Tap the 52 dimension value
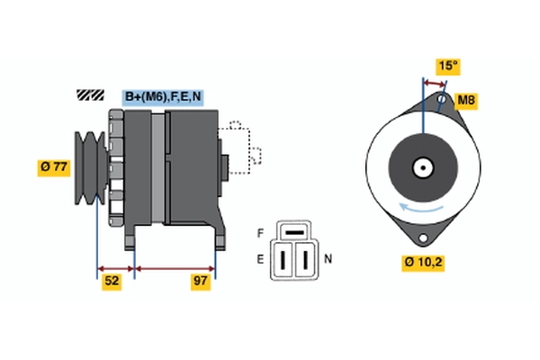[x=110, y=282]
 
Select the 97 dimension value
[x=200, y=282]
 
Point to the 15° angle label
[x=448, y=66]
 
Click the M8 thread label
[x=465, y=100]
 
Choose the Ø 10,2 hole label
[x=423, y=263]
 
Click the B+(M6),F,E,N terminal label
[x=163, y=96]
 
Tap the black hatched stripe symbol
[x=91, y=94]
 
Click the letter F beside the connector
[x=261, y=233]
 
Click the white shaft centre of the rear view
[x=421, y=167]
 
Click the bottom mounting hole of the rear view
[x=422, y=238]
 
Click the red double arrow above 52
[x=115, y=267]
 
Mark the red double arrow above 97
[x=175, y=267]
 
